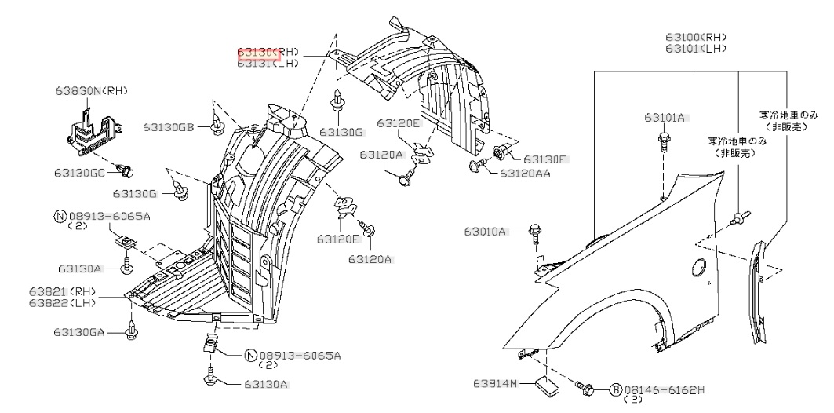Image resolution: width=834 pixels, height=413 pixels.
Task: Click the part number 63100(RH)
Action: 696,36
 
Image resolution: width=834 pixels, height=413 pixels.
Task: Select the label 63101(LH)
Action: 696,48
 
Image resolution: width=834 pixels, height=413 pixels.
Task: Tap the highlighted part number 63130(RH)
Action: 268,52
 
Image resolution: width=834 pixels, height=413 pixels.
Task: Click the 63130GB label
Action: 168,126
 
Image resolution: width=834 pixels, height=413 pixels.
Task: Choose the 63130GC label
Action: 79,172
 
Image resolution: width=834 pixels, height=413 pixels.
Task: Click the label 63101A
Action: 665,118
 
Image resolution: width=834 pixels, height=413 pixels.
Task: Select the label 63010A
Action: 485,232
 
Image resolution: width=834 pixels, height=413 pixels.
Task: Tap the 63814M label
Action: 496,384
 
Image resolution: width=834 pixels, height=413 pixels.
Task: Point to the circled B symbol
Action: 616,389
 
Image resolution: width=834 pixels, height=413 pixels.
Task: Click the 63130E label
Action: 544,159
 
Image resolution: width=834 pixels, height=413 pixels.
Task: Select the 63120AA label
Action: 524,173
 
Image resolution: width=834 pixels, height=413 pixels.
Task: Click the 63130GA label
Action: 79,333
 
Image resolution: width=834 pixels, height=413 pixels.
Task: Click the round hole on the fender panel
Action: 696,270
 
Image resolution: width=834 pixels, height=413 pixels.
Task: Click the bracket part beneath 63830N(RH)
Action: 93,129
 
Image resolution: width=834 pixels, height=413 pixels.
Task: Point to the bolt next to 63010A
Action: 536,231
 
